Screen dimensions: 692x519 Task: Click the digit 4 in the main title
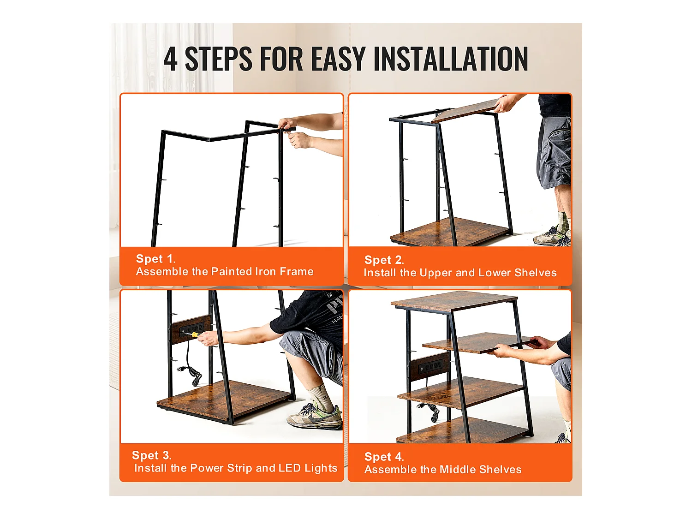point(170,59)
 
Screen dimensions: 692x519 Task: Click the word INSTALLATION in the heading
point(451,59)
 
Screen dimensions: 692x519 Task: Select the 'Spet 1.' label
point(155,259)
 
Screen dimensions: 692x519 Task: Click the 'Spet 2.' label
point(384,260)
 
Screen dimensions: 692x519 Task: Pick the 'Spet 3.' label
point(151,455)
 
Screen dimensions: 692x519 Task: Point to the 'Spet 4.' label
point(384,457)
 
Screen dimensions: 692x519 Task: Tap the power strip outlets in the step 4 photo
point(430,366)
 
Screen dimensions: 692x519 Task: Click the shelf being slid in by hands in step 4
point(476,343)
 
